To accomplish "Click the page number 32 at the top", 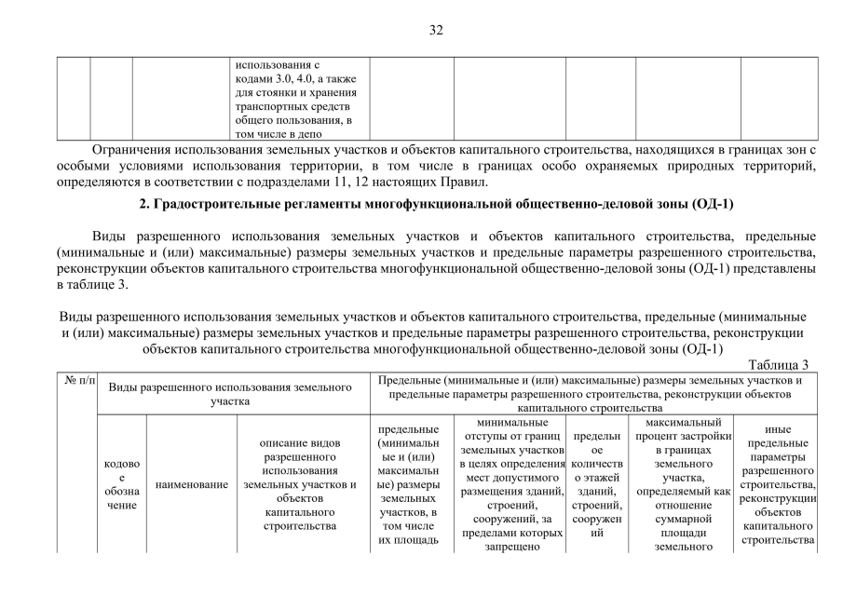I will [436, 30].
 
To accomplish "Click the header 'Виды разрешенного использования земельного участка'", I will [232, 393].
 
